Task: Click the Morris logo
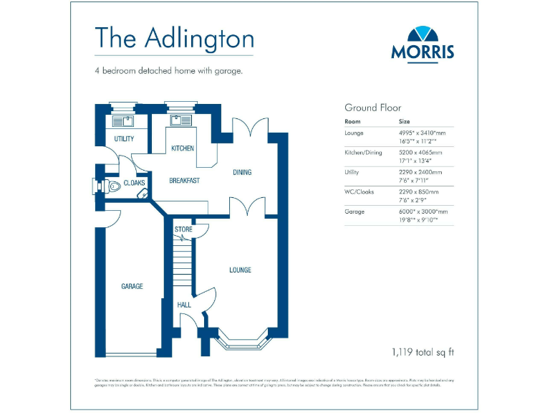(422, 43)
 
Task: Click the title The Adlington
(174, 37)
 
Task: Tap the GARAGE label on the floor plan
(132, 286)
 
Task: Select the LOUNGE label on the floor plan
(240, 270)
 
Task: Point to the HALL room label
(184, 305)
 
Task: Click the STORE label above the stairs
(183, 229)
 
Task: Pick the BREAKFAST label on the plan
(184, 181)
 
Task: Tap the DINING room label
(242, 172)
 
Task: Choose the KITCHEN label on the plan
(182, 148)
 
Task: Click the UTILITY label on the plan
(124, 139)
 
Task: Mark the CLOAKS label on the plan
(134, 184)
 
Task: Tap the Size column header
(405, 122)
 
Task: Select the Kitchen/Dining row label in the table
(364, 153)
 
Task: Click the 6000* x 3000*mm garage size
(423, 212)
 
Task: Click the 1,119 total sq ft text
(423, 352)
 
